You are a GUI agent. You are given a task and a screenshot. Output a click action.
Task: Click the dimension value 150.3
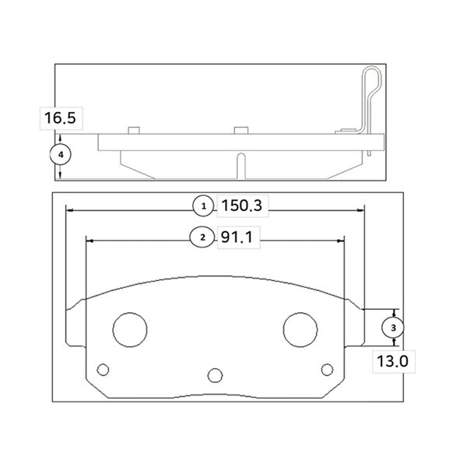click(x=242, y=205)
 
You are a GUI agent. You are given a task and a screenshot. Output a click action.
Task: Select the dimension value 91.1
click(x=237, y=237)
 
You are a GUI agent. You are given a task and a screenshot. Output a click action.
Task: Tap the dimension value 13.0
click(x=392, y=361)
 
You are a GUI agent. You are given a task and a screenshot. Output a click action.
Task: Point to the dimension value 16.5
click(x=60, y=118)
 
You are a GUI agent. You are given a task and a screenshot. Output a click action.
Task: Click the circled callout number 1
click(x=203, y=206)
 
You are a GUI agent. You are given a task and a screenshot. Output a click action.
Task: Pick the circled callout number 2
click(x=202, y=237)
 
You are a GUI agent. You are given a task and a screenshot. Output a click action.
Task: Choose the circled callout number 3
click(x=393, y=328)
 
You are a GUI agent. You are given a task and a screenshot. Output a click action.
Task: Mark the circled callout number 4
click(x=61, y=155)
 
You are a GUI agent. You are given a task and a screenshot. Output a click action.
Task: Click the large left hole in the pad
click(x=130, y=330)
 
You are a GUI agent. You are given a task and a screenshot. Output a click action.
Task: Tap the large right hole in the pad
click(x=300, y=330)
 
